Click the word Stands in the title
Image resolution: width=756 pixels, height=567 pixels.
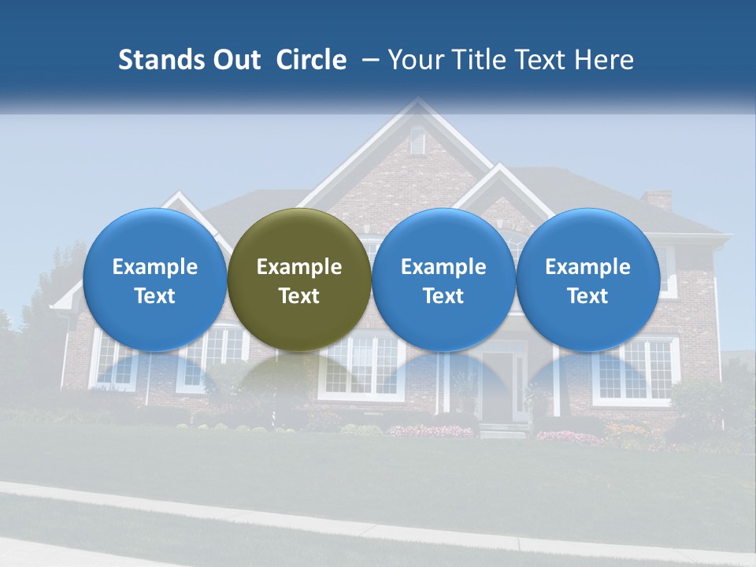tap(160, 60)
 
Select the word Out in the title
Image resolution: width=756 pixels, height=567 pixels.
tap(234, 60)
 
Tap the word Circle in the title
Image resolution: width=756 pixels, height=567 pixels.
tap(311, 60)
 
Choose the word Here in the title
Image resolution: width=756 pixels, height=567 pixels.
tap(602, 60)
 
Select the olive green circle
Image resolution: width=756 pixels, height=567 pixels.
tap(299, 280)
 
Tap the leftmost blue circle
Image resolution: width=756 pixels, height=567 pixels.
tap(155, 280)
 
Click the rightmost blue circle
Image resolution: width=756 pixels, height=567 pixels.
tap(588, 280)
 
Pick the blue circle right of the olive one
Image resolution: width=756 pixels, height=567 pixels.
tap(443, 280)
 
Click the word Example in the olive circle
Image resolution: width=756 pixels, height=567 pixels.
tap(299, 267)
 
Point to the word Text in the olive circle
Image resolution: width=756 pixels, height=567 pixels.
tap(299, 296)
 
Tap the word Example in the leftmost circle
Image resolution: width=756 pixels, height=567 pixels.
tap(155, 267)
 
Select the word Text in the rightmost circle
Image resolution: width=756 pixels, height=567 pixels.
tap(588, 296)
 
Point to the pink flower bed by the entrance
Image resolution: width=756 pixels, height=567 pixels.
tap(432, 431)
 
